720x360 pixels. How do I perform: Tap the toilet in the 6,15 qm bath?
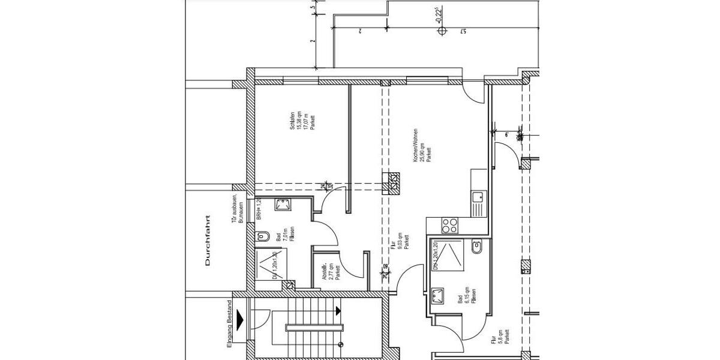pyautogui.click(x=477, y=246)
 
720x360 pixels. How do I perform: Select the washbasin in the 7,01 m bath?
pyautogui.click(x=281, y=205)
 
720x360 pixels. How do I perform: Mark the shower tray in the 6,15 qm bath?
pyautogui.click(x=448, y=254)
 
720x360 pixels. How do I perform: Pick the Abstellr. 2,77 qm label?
pyautogui.click(x=331, y=272)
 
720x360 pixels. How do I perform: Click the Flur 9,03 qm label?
pyautogui.click(x=399, y=241)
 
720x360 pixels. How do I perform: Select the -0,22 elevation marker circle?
pyautogui.click(x=442, y=31)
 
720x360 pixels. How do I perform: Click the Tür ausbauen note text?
pyautogui.click(x=237, y=209)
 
